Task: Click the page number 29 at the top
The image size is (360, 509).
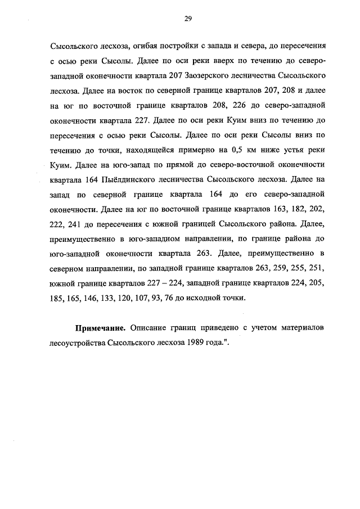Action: click(x=188, y=19)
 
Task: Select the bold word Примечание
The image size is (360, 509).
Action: click(x=100, y=327)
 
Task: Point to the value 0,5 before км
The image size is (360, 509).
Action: click(x=239, y=150)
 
